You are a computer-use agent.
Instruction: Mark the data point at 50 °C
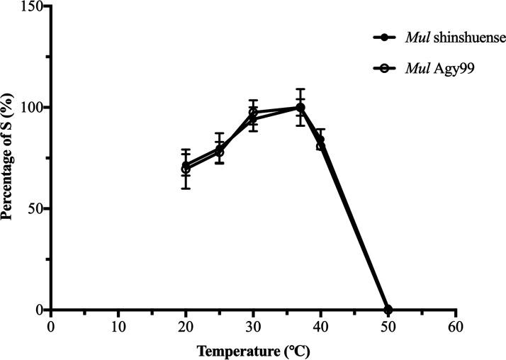(x=388, y=310)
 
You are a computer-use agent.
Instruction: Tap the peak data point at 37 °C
(x=300, y=108)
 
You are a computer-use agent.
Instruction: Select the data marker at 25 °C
(x=220, y=152)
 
